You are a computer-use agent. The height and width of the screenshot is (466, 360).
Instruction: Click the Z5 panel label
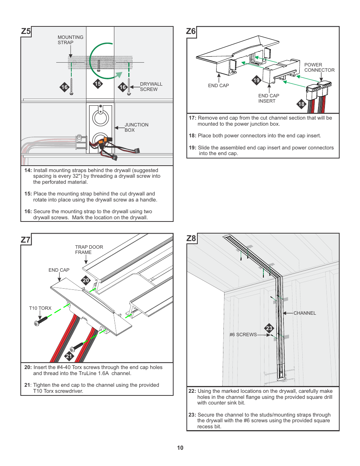(x=26, y=31)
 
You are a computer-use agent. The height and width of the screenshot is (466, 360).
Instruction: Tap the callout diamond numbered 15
(x=98, y=84)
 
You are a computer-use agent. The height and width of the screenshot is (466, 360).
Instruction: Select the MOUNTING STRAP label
(x=70, y=40)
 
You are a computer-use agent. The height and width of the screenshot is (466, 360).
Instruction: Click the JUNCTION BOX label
(x=136, y=127)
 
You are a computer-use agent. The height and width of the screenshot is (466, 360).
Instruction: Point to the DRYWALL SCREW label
(x=151, y=86)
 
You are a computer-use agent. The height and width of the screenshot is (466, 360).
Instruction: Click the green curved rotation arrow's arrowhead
(x=119, y=75)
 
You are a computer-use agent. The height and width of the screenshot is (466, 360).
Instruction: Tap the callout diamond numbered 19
(x=257, y=80)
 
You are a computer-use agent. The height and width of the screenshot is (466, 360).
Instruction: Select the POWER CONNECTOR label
(x=319, y=67)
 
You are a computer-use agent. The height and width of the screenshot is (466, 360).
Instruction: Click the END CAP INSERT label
(x=269, y=98)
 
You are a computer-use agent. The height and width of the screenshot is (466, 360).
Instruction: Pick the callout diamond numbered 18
(x=301, y=104)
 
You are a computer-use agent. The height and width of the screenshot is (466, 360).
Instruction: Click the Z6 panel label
(x=191, y=31)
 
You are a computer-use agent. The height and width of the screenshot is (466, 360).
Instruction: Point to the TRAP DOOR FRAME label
(x=89, y=249)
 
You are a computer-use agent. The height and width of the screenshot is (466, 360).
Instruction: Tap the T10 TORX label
(x=40, y=308)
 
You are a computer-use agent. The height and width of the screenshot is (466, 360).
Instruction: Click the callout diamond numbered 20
(x=86, y=280)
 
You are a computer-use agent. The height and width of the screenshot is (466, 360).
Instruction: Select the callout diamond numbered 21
(x=69, y=356)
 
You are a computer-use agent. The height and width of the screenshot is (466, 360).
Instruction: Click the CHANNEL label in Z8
(x=305, y=313)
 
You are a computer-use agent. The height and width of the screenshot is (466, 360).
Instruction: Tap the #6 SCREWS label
(x=243, y=334)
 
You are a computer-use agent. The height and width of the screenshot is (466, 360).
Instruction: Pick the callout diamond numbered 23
(x=269, y=328)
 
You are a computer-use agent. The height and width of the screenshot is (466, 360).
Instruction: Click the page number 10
(x=180, y=448)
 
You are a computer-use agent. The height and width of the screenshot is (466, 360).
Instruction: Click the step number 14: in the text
(x=28, y=170)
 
